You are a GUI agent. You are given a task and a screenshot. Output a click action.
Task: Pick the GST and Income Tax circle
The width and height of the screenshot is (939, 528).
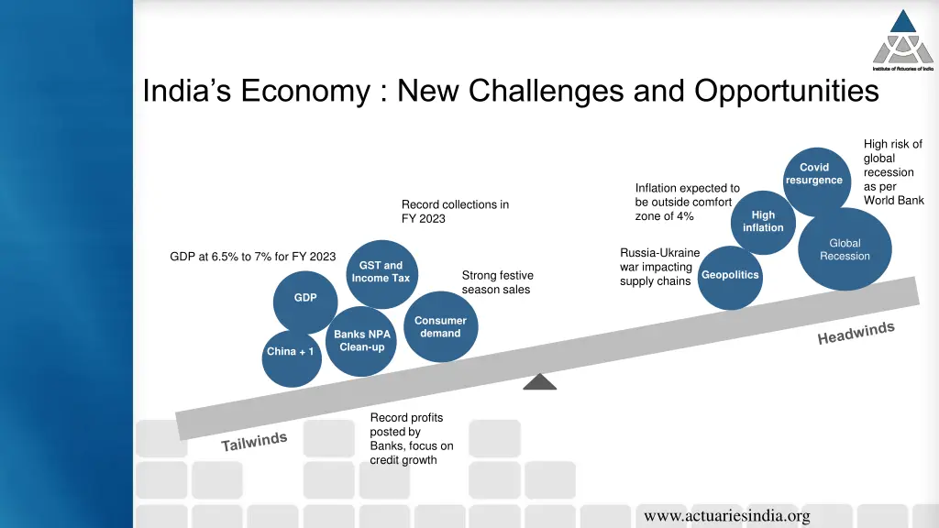pyautogui.click(x=381, y=272)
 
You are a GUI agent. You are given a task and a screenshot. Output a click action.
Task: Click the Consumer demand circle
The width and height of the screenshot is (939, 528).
pyautogui.click(x=440, y=327)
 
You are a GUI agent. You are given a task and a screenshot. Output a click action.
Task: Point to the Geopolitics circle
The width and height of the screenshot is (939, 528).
pyautogui.click(x=730, y=277)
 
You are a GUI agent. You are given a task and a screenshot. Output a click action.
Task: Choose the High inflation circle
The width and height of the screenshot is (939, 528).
pyautogui.click(x=763, y=221)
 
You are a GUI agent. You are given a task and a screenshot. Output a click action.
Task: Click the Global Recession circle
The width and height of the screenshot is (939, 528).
pyautogui.click(x=844, y=249)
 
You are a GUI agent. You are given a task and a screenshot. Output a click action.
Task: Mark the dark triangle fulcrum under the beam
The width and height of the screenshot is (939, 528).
pyautogui.click(x=539, y=382)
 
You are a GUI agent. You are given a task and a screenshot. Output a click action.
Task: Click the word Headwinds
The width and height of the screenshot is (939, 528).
pyautogui.click(x=856, y=334)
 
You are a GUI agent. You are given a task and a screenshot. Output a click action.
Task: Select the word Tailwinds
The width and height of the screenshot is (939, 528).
pyautogui.click(x=254, y=442)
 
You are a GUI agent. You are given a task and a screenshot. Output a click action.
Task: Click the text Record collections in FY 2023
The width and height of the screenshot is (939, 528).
pyautogui.click(x=455, y=211)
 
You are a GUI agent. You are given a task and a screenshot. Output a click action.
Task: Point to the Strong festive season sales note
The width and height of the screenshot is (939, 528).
pyautogui.click(x=497, y=282)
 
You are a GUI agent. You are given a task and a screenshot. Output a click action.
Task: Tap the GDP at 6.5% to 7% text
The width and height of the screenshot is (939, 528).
pyautogui.click(x=253, y=257)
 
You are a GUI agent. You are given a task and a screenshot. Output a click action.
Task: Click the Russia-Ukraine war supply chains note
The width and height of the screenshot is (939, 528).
pyautogui.click(x=659, y=267)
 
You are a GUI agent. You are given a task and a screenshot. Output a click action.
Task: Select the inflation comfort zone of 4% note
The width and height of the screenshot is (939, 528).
pyautogui.click(x=686, y=202)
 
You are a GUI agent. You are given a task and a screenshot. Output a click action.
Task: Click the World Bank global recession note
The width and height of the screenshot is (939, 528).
pyautogui.click(x=893, y=172)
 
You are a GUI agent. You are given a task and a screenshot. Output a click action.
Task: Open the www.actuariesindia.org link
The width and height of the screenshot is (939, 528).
pyautogui.click(x=726, y=516)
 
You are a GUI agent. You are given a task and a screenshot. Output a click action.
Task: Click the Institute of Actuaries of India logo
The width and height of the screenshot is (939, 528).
pyautogui.click(x=902, y=41)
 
